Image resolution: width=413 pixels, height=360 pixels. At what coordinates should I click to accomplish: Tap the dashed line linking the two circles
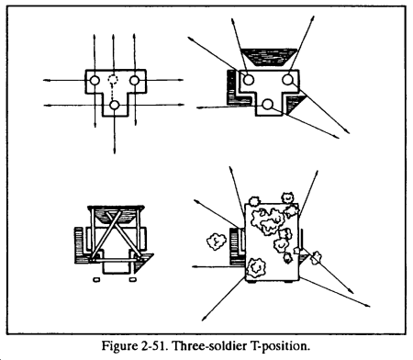pos(112,93)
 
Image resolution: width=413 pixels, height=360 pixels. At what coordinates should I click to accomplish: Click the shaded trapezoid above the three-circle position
pos(269,57)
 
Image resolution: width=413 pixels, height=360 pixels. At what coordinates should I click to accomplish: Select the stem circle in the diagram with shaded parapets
pos(267,104)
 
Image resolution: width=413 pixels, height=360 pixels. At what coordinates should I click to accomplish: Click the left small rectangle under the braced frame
pos(96,279)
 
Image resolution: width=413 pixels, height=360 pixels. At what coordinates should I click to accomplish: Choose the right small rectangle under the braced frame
pos(132,279)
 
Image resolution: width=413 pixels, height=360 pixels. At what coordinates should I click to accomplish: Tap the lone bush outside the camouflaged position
pos(217,242)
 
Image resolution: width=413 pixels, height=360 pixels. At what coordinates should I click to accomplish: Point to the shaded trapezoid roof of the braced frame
pos(116,214)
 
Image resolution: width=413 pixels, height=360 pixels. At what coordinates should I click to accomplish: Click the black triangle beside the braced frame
pos(142,263)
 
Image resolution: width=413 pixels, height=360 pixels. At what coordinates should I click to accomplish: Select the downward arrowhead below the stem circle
pos(115,150)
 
